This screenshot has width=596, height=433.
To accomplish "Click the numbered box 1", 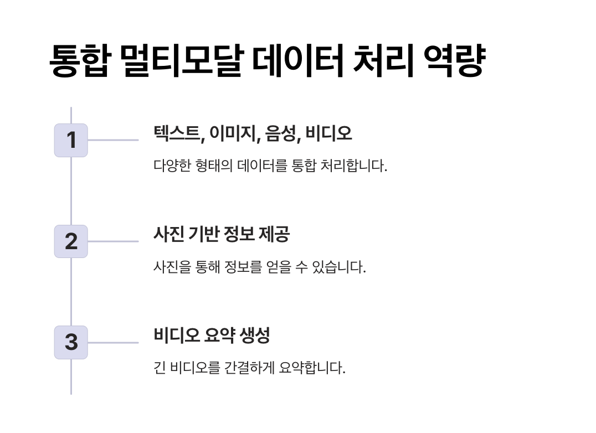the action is click(71, 140).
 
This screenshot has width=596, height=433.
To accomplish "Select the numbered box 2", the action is click(71, 241).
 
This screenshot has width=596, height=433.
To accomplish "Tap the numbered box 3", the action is click(71, 342).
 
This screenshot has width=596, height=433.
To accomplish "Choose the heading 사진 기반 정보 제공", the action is click(222, 234).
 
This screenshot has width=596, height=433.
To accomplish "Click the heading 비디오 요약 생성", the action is click(212, 335).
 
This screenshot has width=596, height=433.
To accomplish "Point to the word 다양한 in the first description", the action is click(172, 166).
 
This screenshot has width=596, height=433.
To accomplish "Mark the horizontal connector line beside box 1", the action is click(113, 140).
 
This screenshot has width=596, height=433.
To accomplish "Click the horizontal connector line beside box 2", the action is click(113, 241).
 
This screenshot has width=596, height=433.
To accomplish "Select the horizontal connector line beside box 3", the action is click(113, 342).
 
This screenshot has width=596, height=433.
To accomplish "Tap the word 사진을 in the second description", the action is click(172, 267).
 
